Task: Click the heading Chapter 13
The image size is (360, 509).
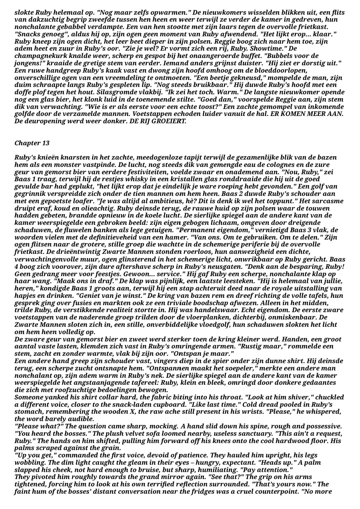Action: click(32, 143)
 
